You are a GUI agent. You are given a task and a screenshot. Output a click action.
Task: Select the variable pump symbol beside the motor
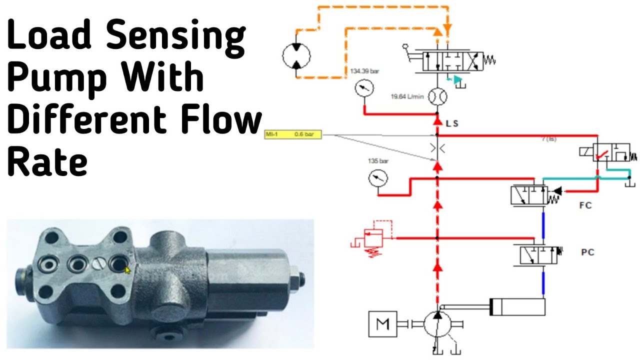(437, 324)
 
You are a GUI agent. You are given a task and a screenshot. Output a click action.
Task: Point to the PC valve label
(587, 252)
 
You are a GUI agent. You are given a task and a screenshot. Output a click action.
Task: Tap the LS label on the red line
(452, 123)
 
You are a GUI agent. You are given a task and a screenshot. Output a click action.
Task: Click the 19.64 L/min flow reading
(406, 96)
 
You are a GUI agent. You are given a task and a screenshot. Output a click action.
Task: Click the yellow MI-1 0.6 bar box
(293, 134)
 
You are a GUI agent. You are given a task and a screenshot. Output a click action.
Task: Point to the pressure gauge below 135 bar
(377, 179)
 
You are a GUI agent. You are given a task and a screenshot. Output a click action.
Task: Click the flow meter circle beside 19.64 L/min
(438, 96)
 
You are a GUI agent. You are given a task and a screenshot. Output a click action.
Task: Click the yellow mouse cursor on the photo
(127, 270)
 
